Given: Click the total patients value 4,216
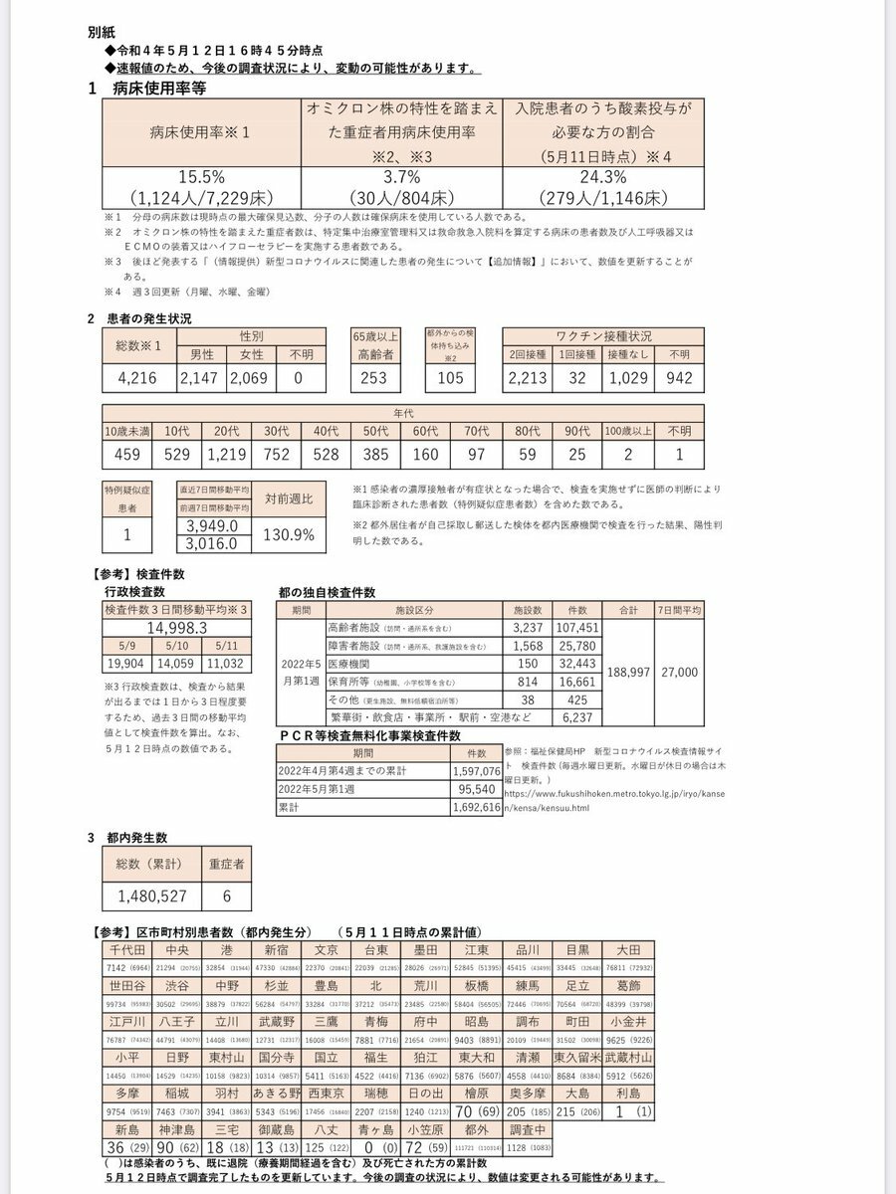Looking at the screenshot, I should click(139, 378).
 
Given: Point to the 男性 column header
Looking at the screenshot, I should click(202, 353).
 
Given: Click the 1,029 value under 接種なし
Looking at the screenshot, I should click(625, 378).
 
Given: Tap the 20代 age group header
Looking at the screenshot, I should click(228, 432).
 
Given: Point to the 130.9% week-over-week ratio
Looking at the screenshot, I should click(289, 534).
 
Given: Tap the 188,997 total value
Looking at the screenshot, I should click(629, 673).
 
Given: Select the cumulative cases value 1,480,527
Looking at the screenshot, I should click(151, 895).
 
